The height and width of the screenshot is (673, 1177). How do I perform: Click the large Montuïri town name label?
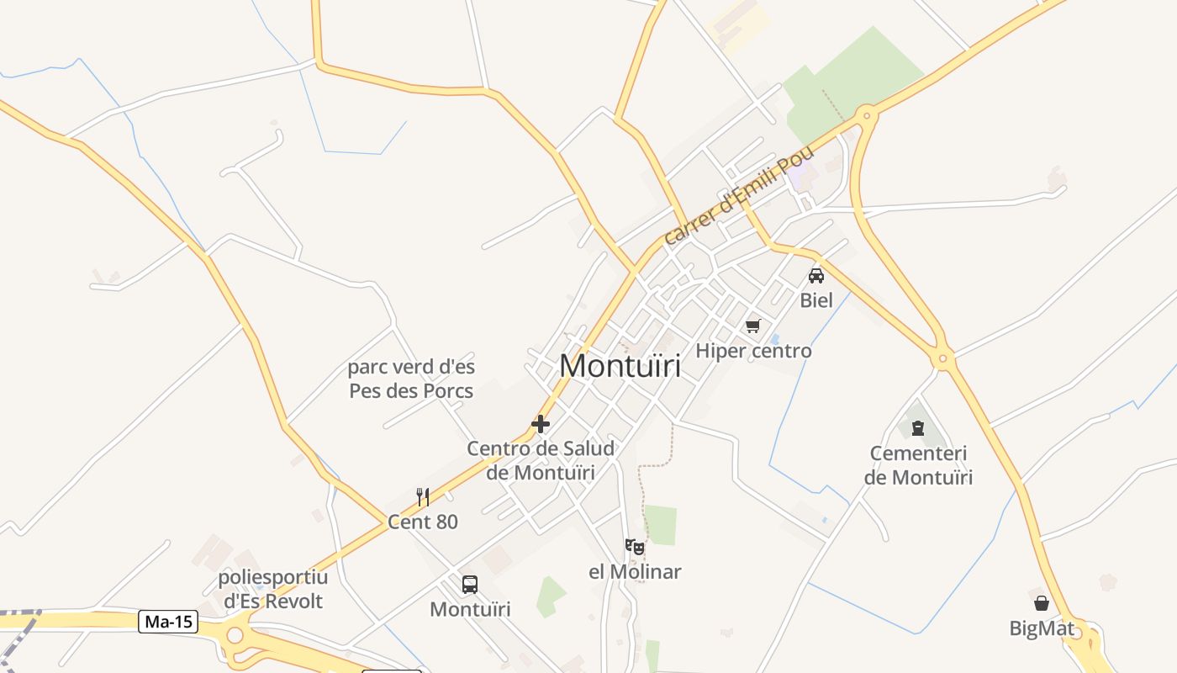[x=620, y=366]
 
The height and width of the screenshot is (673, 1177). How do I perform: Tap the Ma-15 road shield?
[x=168, y=622]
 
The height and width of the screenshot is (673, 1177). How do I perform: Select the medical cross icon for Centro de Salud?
[x=541, y=424]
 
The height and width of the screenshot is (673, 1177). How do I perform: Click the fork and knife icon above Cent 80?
[x=423, y=497]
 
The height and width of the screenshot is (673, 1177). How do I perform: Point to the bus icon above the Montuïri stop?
[x=470, y=584]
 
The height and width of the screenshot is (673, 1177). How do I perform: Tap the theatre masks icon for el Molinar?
[x=635, y=547]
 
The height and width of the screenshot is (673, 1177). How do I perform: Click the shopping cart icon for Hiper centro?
[x=752, y=326]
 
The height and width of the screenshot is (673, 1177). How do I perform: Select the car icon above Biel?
[x=815, y=275]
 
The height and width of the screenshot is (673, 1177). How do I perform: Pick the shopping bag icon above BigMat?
[x=1042, y=603]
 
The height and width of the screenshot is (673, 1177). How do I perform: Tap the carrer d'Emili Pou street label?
[x=740, y=195]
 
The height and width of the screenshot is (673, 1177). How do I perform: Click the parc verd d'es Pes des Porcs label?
[x=411, y=379]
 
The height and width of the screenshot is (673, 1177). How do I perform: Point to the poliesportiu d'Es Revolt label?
[x=273, y=589]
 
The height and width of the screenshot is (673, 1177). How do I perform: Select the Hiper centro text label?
[x=754, y=351]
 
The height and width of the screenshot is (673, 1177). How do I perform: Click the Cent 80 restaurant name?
[x=423, y=522]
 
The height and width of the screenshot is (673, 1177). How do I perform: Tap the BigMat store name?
[x=1042, y=628]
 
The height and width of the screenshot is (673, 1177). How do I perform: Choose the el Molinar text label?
[x=635, y=572]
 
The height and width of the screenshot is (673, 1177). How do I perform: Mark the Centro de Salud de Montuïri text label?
[x=541, y=460]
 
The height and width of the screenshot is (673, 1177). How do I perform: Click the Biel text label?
[x=815, y=300]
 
